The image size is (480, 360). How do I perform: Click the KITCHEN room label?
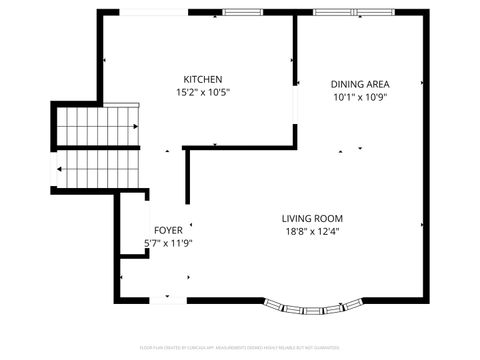click(202, 79)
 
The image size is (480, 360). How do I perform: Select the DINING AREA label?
click(360, 84)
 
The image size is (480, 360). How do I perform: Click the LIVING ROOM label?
click(312, 218)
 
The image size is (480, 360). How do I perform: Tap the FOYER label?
click(167, 229)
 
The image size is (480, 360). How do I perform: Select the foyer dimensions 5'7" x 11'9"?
click(167, 242)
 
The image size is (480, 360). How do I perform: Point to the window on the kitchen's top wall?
click(242, 12)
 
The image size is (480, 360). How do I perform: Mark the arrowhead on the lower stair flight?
click(61, 169)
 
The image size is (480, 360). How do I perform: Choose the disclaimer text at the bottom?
click(240, 347)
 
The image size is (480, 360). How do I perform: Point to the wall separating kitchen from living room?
click(240, 148)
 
